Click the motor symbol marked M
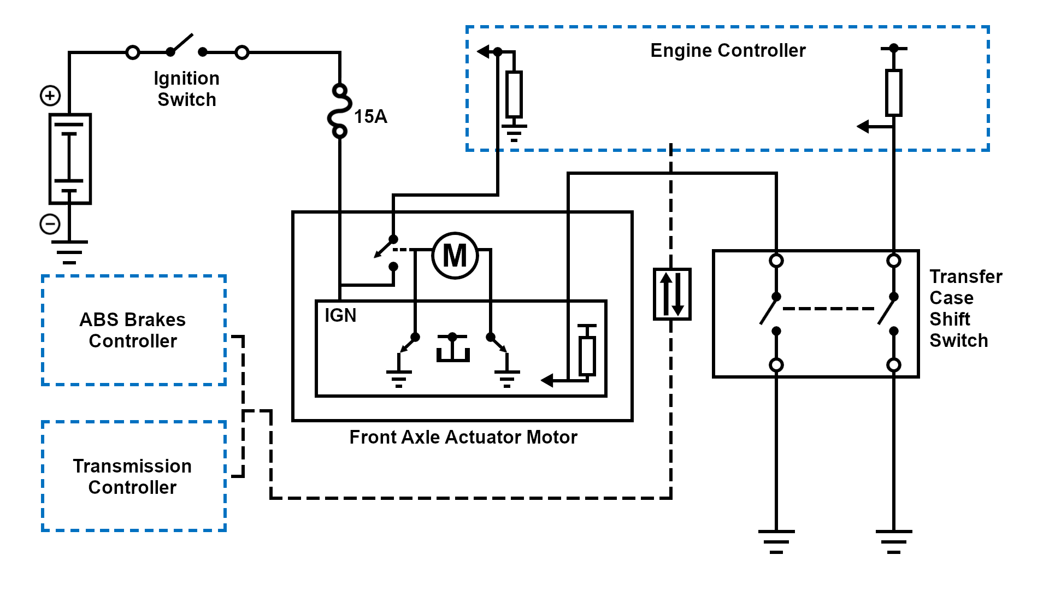(x=455, y=256)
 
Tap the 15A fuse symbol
(x=339, y=111)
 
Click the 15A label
(x=370, y=116)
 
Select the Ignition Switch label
(x=186, y=88)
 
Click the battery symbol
(x=70, y=158)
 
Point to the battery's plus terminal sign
(x=50, y=96)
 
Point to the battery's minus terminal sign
(x=50, y=224)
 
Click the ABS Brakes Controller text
(x=133, y=330)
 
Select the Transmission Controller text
(x=133, y=476)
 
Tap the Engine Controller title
(x=728, y=50)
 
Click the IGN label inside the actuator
(x=340, y=315)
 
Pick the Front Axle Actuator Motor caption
(x=463, y=437)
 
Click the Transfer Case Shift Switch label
(x=965, y=308)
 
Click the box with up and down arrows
(x=672, y=294)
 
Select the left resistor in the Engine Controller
(x=514, y=94)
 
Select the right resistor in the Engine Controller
(x=893, y=93)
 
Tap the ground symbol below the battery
(x=69, y=252)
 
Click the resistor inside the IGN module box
(x=587, y=356)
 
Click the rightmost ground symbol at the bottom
(x=893, y=541)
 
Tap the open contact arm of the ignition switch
(x=182, y=44)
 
